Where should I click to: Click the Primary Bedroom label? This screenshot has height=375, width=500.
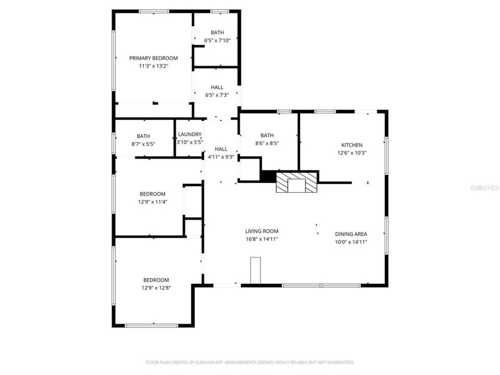pyautogui.click(x=153, y=58)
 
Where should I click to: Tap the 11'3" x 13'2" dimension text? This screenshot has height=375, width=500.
pyautogui.click(x=153, y=66)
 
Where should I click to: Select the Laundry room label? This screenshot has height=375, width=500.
pyautogui.click(x=189, y=134)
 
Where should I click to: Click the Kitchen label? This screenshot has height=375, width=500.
pyautogui.click(x=352, y=144)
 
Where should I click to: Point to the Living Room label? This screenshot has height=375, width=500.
pyautogui.click(x=262, y=231)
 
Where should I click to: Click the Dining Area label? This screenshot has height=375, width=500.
pyautogui.click(x=351, y=234)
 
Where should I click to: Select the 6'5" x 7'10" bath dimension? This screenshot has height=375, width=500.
pyautogui.click(x=217, y=40)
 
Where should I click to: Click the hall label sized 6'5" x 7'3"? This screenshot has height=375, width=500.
pyautogui.click(x=217, y=87)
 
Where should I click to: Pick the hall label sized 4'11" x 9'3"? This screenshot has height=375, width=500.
pyautogui.click(x=221, y=149)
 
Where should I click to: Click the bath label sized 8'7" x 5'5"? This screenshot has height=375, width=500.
pyautogui.click(x=143, y=136)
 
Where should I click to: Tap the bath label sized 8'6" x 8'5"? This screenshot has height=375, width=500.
pyautogui.click(x=267, y=135)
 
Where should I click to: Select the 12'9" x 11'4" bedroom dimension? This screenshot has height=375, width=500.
pyautogui.click(x=153, y=202)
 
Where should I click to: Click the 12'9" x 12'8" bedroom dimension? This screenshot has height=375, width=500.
pyautogui.click(x=156, y=288)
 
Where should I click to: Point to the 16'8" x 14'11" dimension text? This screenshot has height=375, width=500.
pyautogui.click(x=262, y=239)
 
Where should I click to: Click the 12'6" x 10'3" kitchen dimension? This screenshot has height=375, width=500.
pyautogui.click(x=352, y=152)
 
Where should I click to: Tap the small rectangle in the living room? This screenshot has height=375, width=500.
pyautogui.click(x=256, y=271)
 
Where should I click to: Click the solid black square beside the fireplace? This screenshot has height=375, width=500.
pyautogui.click(x=268, y=176)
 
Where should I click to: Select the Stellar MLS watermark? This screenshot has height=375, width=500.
pyautogui.click(x=485, y=188)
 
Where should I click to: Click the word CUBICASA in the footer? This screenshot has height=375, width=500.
pyautogui.click(x=202, y=362)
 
